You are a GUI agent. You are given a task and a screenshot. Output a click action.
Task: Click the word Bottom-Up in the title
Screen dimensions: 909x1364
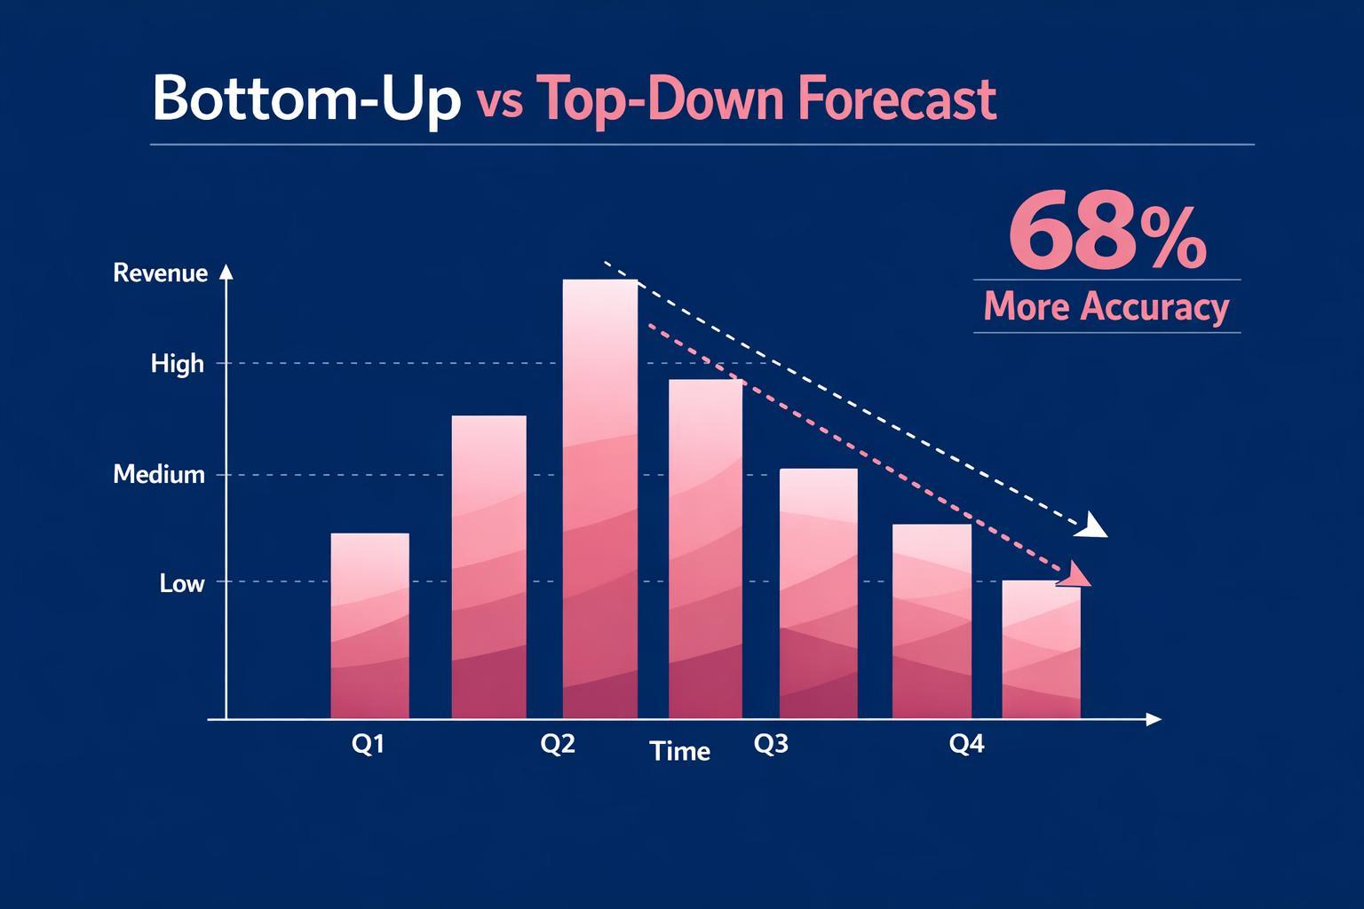tap(306, 99)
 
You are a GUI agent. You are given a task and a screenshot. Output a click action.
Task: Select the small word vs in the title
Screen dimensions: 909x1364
tap(499, 103)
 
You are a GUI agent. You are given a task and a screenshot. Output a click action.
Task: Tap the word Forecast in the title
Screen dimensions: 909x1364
tap(897, 99)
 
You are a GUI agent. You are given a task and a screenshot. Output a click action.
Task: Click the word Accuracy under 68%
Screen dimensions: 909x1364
tap(1154, 307)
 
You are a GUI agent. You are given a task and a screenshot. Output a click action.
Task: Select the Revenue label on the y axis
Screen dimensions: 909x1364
tap(161, 273)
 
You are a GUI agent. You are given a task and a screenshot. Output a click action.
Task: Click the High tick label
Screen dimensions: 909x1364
tap(178, 364)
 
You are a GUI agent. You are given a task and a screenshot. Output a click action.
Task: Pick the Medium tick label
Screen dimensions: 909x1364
tap(159, 475)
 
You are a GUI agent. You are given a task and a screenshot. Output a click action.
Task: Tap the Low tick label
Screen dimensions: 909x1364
tap(182, 583)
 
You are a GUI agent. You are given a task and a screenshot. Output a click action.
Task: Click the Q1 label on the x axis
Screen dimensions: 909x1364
tap(368, 744)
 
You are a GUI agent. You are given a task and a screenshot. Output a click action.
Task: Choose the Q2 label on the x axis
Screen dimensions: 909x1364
tap(558, 744)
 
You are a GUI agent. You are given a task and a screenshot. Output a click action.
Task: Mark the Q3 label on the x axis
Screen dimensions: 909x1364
tap(771, 744)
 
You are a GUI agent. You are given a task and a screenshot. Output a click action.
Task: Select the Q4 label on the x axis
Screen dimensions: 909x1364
tap(967, 744)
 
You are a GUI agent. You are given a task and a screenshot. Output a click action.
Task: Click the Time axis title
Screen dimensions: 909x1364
tap(680, 752)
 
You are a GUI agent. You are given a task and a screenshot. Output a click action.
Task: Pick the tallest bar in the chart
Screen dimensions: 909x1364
tap(600, 497)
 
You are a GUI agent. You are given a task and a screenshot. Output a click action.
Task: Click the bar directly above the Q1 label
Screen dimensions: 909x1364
tap(369, 626)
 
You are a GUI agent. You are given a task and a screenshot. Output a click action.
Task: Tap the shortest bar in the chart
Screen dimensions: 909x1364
tap(1041, 650)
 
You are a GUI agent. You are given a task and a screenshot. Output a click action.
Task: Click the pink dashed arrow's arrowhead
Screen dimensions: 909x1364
tap(1078, 576)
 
